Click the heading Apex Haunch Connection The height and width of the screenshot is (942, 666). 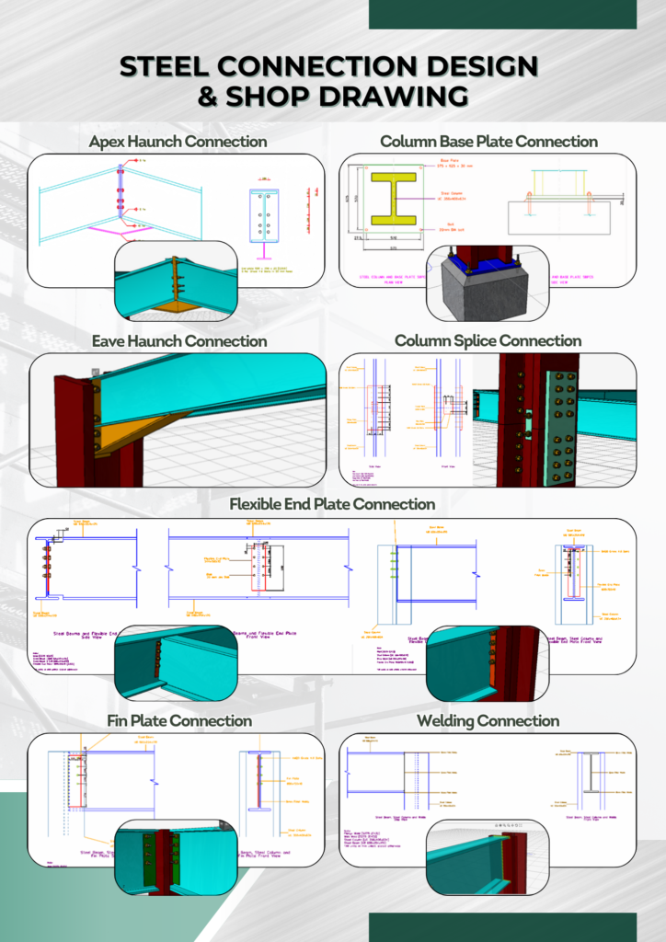click(x=178, y=142)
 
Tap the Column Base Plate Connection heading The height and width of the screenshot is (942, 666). click(x=488, y=142)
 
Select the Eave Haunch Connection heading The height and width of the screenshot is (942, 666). click(x=178, y=341)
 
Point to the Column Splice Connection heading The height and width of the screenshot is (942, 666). click(x=488, y=341)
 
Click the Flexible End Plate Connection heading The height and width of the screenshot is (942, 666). click(x=332, y=504)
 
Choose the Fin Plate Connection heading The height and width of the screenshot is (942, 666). click(x=178, y=721)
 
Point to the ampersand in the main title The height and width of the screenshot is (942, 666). click(x=209, y=96)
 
